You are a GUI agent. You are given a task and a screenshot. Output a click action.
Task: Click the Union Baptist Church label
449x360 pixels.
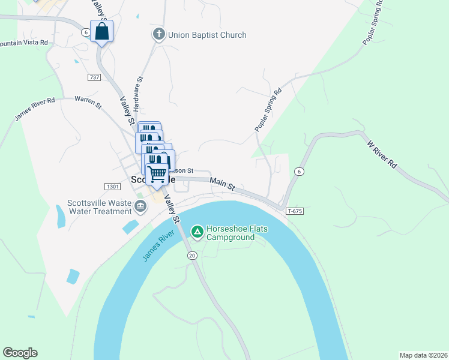207,35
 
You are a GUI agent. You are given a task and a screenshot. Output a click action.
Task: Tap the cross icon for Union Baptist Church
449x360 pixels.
159,35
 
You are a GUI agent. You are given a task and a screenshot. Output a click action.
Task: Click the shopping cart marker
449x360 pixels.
157,175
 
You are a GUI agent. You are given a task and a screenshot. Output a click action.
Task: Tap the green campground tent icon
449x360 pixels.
197,231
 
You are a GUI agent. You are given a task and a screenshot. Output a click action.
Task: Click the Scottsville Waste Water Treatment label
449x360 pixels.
99,206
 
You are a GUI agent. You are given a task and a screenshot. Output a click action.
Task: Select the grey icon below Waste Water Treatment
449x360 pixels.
140,207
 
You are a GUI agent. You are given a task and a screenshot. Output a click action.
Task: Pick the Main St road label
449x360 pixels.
222,184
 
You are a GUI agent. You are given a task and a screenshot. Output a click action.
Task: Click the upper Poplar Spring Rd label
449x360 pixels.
373,24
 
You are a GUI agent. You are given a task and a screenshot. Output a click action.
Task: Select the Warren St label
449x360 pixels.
88,102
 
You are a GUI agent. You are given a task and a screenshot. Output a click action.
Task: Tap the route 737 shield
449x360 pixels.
94,77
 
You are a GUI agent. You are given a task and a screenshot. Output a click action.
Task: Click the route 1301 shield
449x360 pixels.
112,187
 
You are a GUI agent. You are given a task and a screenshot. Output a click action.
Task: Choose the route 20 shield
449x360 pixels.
192,256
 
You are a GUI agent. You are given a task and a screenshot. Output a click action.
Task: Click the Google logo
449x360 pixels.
20,353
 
